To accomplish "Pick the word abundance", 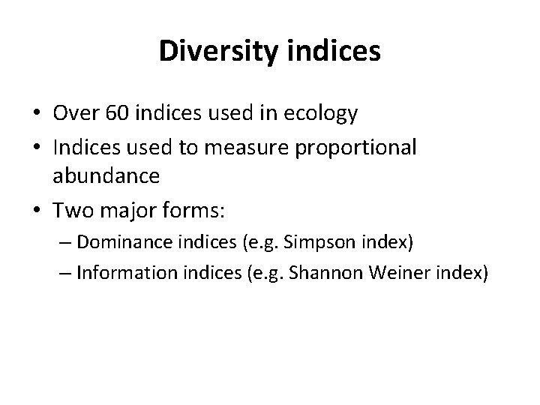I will (106, 176).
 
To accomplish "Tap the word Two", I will (71, 210).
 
